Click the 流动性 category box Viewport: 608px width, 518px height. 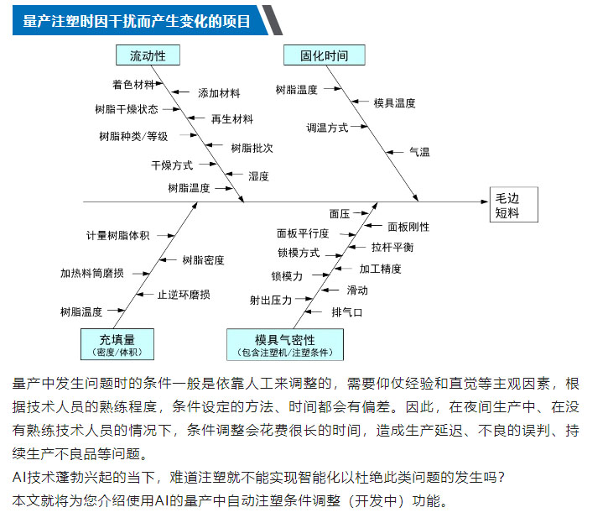tap(148, 55)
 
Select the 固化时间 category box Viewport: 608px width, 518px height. tap(325, 55)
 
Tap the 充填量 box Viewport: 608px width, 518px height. tap(117, 344)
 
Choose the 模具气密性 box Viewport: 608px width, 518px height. tap(285, 345)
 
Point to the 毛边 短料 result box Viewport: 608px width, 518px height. tap(514, 205)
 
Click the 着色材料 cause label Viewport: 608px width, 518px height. tap(133, 84)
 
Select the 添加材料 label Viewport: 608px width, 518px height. tap(219, 93)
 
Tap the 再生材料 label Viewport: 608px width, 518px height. tap(232, 119)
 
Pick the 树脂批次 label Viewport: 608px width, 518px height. tap(252, 148)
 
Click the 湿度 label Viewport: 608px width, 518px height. tap(258, 176)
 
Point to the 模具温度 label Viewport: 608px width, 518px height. tap(394, 103)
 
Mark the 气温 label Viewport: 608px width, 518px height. tap(419, 152)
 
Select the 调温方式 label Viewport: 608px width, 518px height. tap(327, 128)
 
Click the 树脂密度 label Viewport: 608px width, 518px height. tap(203, 260)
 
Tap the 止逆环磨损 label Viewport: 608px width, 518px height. tap(184, 295)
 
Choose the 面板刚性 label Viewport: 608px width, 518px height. tap(408, 227)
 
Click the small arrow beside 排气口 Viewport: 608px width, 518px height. tap(313, 311)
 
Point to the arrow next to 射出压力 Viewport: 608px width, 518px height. tap(304, 299)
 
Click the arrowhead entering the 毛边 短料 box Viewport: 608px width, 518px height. tap(485, 202)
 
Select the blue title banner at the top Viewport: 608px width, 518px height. tap(140, 21)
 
